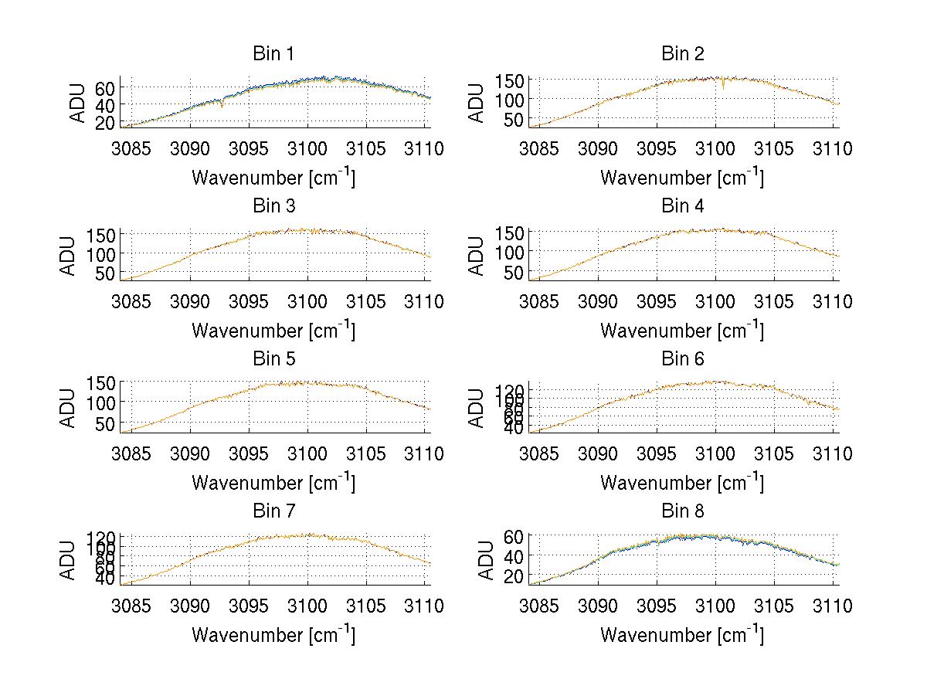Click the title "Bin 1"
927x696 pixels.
point(273,54)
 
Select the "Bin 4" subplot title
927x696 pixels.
point(682,206)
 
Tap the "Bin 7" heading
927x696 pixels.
point(273,511)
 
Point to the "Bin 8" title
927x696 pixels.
point(682,511)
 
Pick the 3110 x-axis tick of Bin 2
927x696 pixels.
point(830,148)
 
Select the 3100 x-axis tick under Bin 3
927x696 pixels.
point(307,301)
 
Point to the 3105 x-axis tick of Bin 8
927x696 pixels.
point(773,606)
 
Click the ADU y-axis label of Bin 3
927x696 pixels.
point(69,255)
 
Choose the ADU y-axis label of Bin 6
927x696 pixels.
point(477,407)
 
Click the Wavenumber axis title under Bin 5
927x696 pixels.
point(273,482)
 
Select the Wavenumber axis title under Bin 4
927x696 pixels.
point(682,330)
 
